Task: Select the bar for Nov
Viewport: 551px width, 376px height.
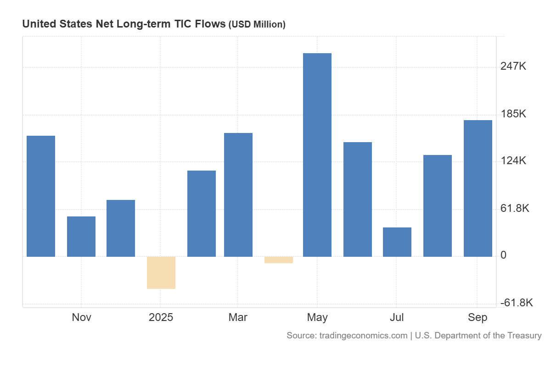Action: (x=81, y=236)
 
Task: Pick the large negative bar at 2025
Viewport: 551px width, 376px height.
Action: (x=161, y=272)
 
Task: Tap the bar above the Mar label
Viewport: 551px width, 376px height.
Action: (x=238, y=194)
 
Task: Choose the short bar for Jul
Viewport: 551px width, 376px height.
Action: (x=397, y=242)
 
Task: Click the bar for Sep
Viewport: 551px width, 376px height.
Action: (x=478, y=188)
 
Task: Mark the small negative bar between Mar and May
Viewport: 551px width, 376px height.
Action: (x=279, y=260)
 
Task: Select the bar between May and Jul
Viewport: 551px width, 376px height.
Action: (x=358, y=199)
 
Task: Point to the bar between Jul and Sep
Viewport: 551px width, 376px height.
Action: (x=438, y=205)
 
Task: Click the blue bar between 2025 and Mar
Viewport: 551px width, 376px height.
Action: (x=202, y=213)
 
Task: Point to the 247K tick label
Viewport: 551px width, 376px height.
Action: (x=513, y=66)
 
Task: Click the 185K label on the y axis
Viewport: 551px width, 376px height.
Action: (x=513, y=114)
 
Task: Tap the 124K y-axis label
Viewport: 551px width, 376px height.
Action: (x=513, y=161)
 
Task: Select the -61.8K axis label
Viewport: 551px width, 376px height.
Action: (x=517, y=303)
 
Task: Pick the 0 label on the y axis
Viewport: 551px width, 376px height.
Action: (x=504, y=255)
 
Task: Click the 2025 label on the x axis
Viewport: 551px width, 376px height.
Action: (x=161, y=317)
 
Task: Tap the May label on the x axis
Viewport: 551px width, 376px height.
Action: (x=317, y=317)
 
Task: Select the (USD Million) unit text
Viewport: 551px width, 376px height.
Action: (x=257, y=24)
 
